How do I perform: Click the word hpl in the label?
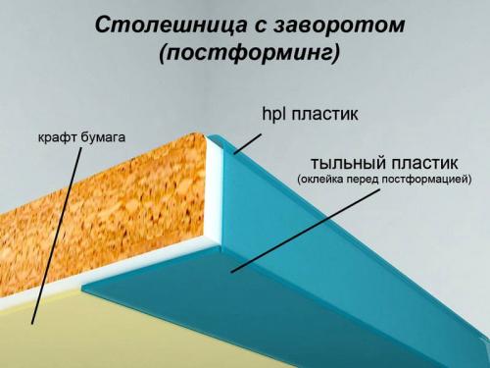tap(274, 115)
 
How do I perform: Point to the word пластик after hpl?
tap(326, 115)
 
